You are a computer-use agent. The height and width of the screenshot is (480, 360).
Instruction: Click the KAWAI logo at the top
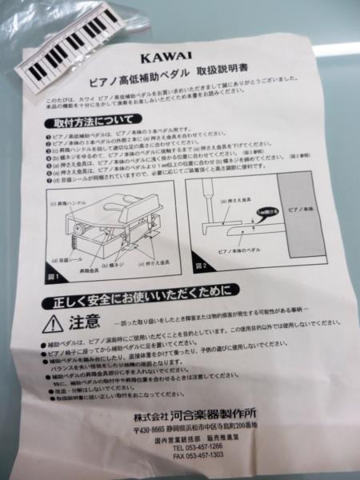point(164,58)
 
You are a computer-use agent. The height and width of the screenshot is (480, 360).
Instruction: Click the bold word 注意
point(83,322)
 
